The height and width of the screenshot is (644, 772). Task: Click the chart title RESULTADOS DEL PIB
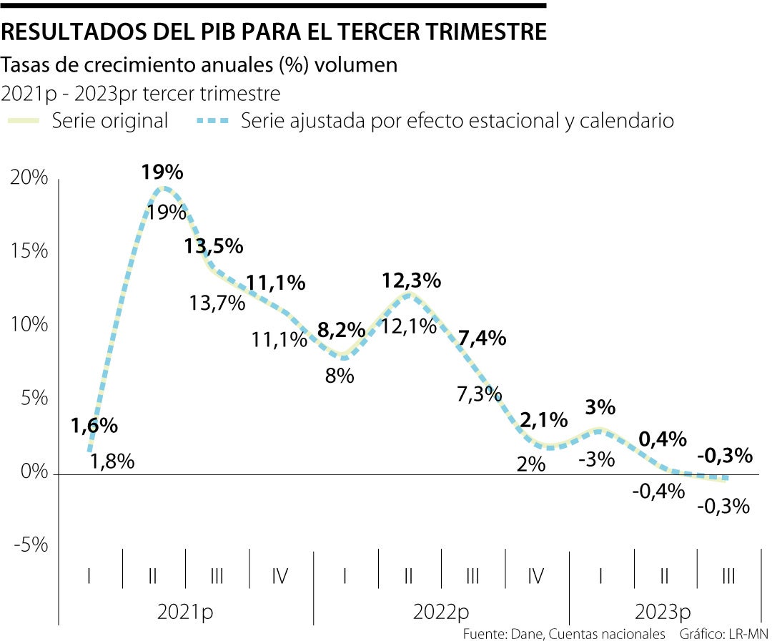pos(275,32)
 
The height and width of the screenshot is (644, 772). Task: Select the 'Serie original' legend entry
pos(109,121)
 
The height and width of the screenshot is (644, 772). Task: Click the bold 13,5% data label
pos(213,247)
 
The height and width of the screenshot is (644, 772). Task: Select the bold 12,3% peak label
pos(411,281)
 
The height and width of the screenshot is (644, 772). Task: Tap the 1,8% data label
pos(112,462)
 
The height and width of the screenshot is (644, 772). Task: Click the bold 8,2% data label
pos(341,331)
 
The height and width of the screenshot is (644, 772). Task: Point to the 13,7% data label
pos(217,303)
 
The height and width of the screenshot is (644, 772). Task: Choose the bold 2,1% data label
pos(543,421)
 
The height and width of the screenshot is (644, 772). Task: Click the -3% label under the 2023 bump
pos(597,459)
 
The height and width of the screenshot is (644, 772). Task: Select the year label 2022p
pos(441,613)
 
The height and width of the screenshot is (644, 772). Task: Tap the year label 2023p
pos(663,613)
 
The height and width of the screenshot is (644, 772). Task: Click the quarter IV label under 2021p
pos(280,576)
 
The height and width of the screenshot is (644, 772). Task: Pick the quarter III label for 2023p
pos(728,576)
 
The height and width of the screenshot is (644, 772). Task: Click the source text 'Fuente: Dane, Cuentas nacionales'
pos(564,635)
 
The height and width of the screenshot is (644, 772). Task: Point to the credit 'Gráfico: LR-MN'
pos(725,635)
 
